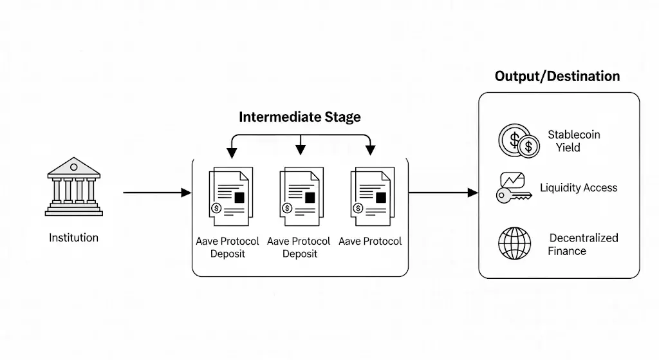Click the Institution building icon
tap(73, 187)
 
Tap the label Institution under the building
tap(73, 238)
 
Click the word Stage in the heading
tap(342, 117)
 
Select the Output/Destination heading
tap(557, 77)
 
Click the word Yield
tap(568, 147)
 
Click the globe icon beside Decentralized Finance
tap(515, 243)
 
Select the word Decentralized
tap(583, 238)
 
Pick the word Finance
tap(567, 251)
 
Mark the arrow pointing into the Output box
tap(443, 193)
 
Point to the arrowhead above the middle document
tap(300, 151)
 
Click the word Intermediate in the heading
tap(279, 117)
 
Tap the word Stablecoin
tap(574, 135)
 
